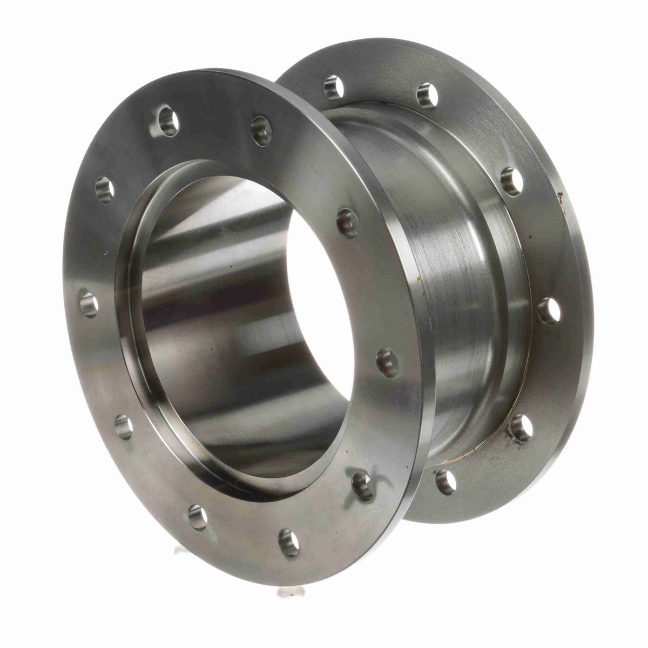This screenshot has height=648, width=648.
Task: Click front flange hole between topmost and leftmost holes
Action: point(104,190)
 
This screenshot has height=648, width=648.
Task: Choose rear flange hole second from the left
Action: point(427,96)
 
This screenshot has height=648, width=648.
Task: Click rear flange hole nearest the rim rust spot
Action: point(511,181)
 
